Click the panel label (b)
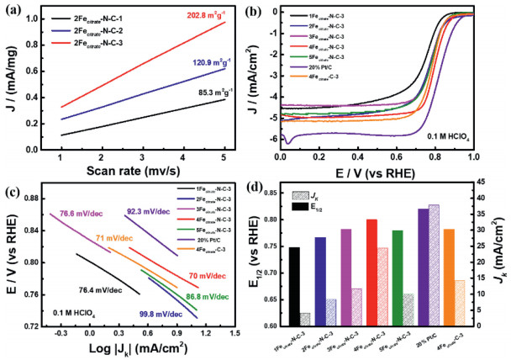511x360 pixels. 269,10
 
